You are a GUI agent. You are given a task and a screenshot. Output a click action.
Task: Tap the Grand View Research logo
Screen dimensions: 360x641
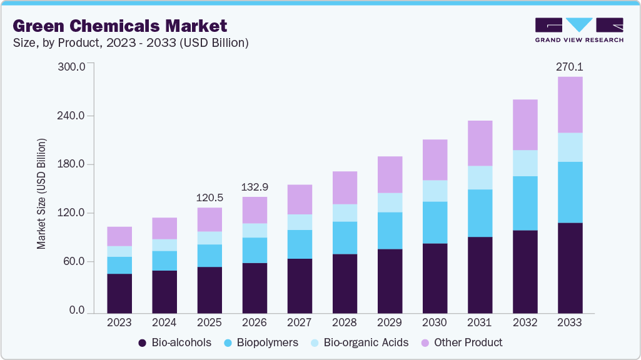click(578, 30)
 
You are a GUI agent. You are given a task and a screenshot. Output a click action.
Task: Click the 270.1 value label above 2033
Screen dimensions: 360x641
click(570, 66)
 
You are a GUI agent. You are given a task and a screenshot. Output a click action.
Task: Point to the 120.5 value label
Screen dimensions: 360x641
click(209, 197)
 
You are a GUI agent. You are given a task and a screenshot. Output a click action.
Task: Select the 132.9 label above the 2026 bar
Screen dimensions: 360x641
click(255, 187)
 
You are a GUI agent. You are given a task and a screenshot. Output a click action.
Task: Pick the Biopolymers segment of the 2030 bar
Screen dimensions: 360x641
click(435, 222)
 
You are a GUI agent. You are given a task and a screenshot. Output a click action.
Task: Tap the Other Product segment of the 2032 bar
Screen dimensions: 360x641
click(525, 125)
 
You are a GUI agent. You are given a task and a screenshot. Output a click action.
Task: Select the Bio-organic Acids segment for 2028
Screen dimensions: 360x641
click(345, 212)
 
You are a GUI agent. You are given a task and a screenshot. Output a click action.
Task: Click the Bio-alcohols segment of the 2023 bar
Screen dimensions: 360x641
click(119, 293)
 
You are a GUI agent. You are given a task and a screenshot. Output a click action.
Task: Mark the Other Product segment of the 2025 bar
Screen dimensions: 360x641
click(209, 219)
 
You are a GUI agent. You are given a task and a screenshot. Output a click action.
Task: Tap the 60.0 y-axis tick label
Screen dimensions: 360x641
click(73, 261)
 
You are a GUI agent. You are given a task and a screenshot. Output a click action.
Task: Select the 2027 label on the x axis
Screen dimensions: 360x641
click(300, 322)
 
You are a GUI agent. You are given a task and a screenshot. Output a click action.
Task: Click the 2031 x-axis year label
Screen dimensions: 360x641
click(480, 322)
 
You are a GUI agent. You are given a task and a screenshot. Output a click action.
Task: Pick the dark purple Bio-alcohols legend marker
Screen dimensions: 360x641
click(142, 342)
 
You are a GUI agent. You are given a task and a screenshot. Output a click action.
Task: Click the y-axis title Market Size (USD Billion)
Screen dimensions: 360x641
click(41, 194)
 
